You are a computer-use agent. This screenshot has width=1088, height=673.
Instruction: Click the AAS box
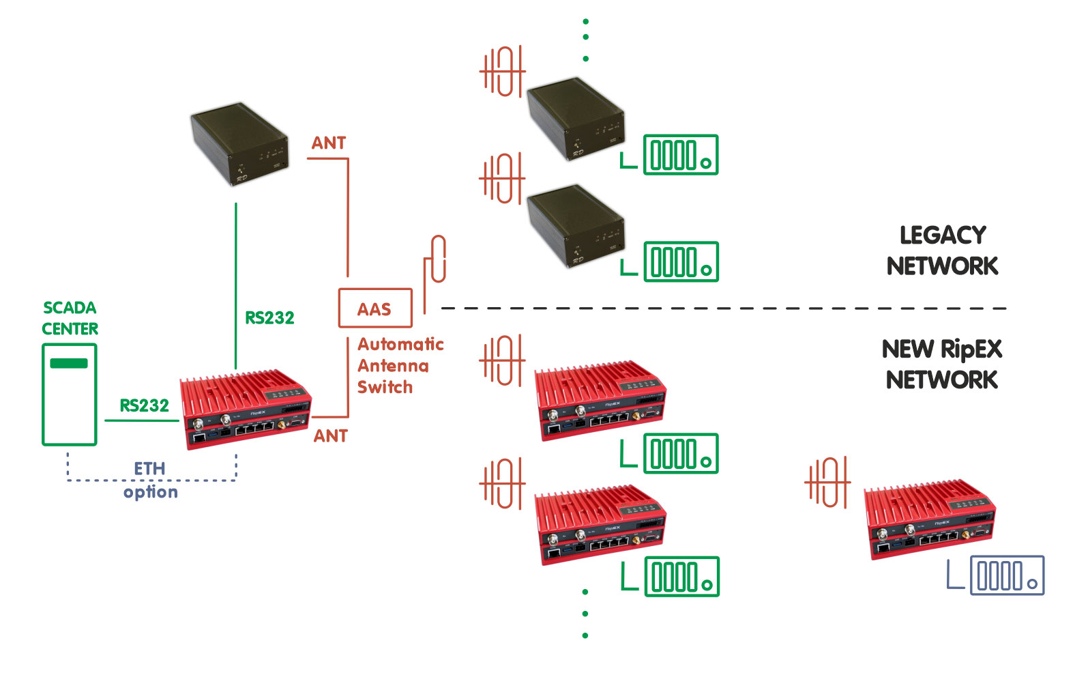pyautogui.click(x=375, y=309)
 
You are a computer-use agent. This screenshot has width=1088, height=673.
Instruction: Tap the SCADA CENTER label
pyautogui.click(x=70, y=318)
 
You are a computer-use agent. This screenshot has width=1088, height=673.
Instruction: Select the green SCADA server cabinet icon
pyautogui.click(x=69, y=395)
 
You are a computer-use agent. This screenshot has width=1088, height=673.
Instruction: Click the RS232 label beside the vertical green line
pyautogui.click(x=269, y=317)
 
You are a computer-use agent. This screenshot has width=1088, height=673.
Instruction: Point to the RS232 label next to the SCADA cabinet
pyautogui.click(x=144, y=405)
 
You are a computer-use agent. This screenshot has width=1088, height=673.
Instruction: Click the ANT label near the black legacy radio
pyautogui.click(x=329, y=143)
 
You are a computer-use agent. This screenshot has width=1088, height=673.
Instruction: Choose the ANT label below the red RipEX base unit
pyautogui.click(x=330, y=436)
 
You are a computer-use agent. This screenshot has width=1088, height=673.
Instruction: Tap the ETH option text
pyautogui.click(x=150, y=481)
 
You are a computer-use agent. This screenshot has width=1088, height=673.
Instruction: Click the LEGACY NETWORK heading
pyautogui.click(x=942, y=250)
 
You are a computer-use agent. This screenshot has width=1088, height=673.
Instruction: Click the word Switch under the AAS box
pyautogui.click(x=385, y=387)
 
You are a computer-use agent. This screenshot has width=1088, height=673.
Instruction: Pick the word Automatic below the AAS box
pyautogui.click(x=400, y=344)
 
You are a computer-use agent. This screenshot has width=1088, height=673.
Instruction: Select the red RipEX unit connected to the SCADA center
pyautogui.click(x=246, y=410)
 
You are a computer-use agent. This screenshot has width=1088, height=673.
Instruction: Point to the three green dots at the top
pyautogui.click(x=585, y=40)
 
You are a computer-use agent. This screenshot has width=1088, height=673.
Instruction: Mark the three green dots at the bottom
pyautogui.click(x=585, y=614)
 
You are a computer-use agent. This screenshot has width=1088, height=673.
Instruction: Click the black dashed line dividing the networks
pyautogui.click(x=723, y=309)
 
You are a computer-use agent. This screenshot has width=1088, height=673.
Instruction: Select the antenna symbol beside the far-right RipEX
pyautogui.click(x=827, y=482)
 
